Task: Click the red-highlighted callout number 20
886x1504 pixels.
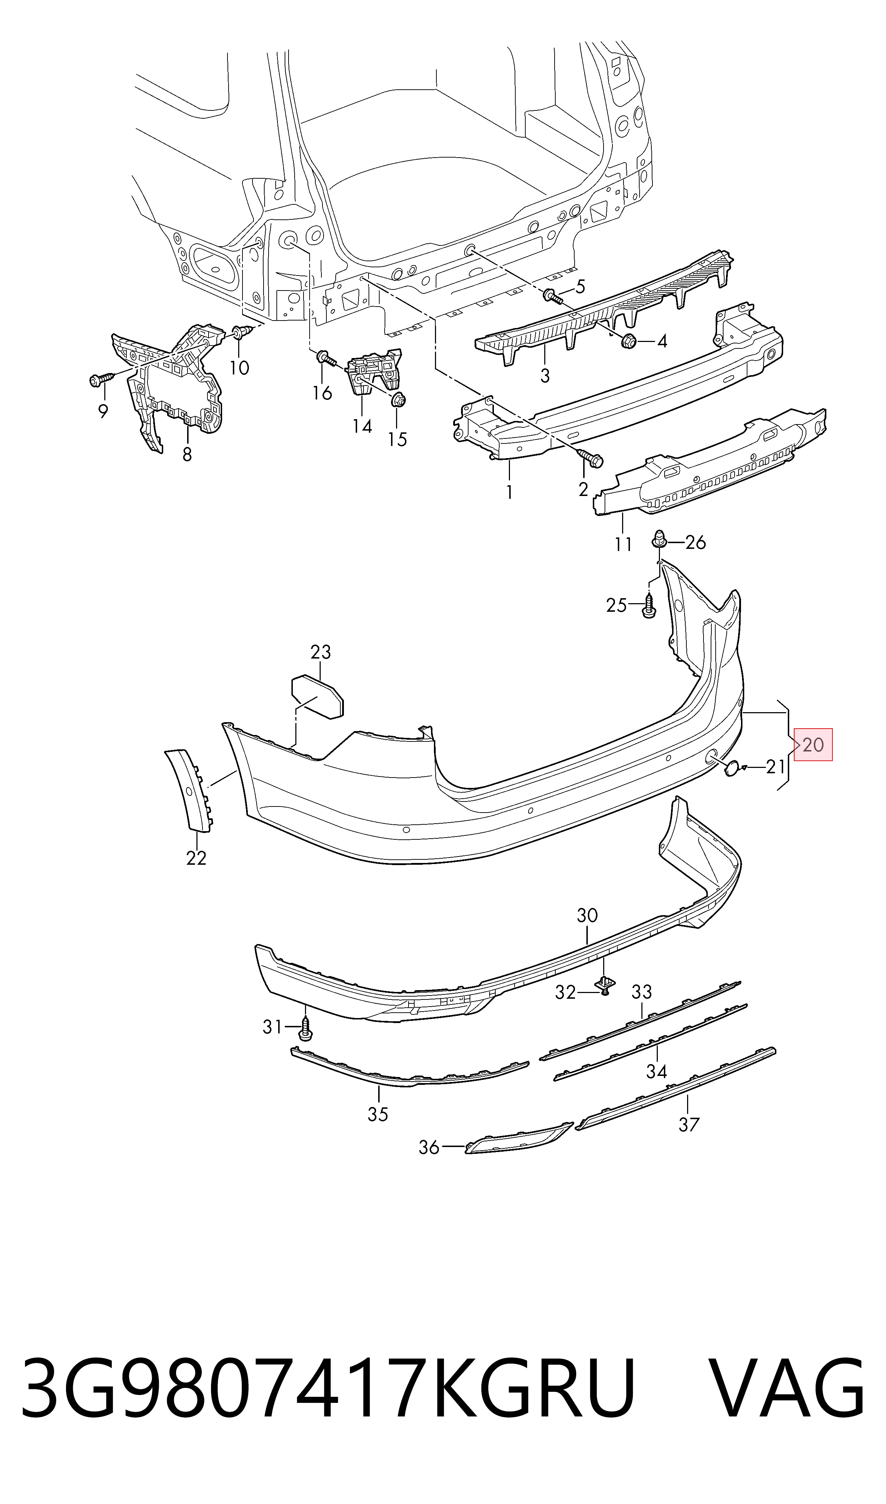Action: (813, 745)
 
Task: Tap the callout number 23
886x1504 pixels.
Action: (321, 652)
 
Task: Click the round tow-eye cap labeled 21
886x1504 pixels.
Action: (731, 769)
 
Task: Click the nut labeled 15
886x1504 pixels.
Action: (398, 400)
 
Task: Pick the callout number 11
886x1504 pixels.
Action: (623, 545)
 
